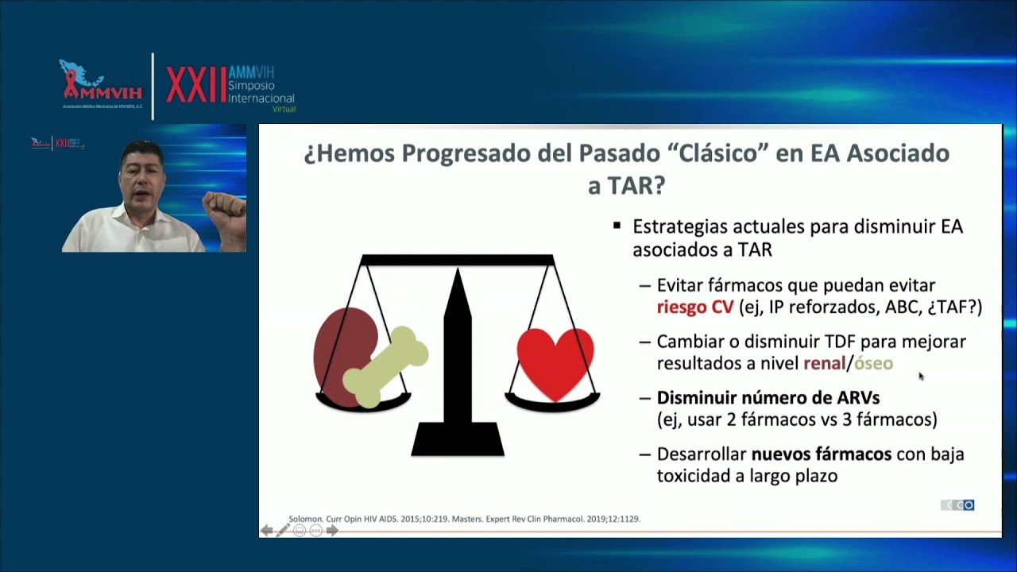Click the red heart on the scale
[x=555, y=361]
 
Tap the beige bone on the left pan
[x=386, y=366]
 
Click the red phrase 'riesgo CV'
[x=694, y=307]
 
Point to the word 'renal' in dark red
[x=824, y=363]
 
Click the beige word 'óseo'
[x=873, y=363]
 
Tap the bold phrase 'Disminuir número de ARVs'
[x=768, y=397]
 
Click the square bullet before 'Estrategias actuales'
[x=617, y=226]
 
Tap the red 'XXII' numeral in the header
[x=195, y=86]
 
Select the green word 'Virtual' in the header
[x=283, y=109]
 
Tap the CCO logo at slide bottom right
[x=957, y=505]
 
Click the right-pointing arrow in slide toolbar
[x=332, y=530]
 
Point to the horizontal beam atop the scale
[x=457, y=260]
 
